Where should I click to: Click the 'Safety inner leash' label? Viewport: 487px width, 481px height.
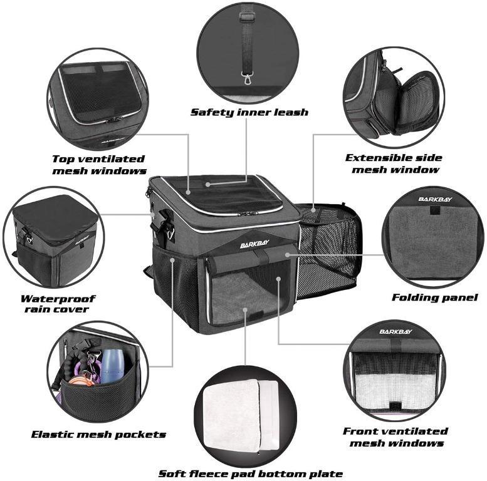point(249,112)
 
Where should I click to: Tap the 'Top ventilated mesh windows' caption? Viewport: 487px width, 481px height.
point(99,165)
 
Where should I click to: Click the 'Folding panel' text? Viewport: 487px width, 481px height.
point(434,297)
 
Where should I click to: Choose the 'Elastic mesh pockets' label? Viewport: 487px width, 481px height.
point(98,434)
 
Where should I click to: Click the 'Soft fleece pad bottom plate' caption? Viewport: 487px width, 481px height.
point(250,473)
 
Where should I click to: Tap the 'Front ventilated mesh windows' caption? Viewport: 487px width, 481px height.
point(395,437)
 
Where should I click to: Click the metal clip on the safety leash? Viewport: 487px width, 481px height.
point(250,80)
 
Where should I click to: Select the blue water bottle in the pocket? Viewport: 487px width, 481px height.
point(112,366)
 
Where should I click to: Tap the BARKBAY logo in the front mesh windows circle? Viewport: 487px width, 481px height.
point(395,331)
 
